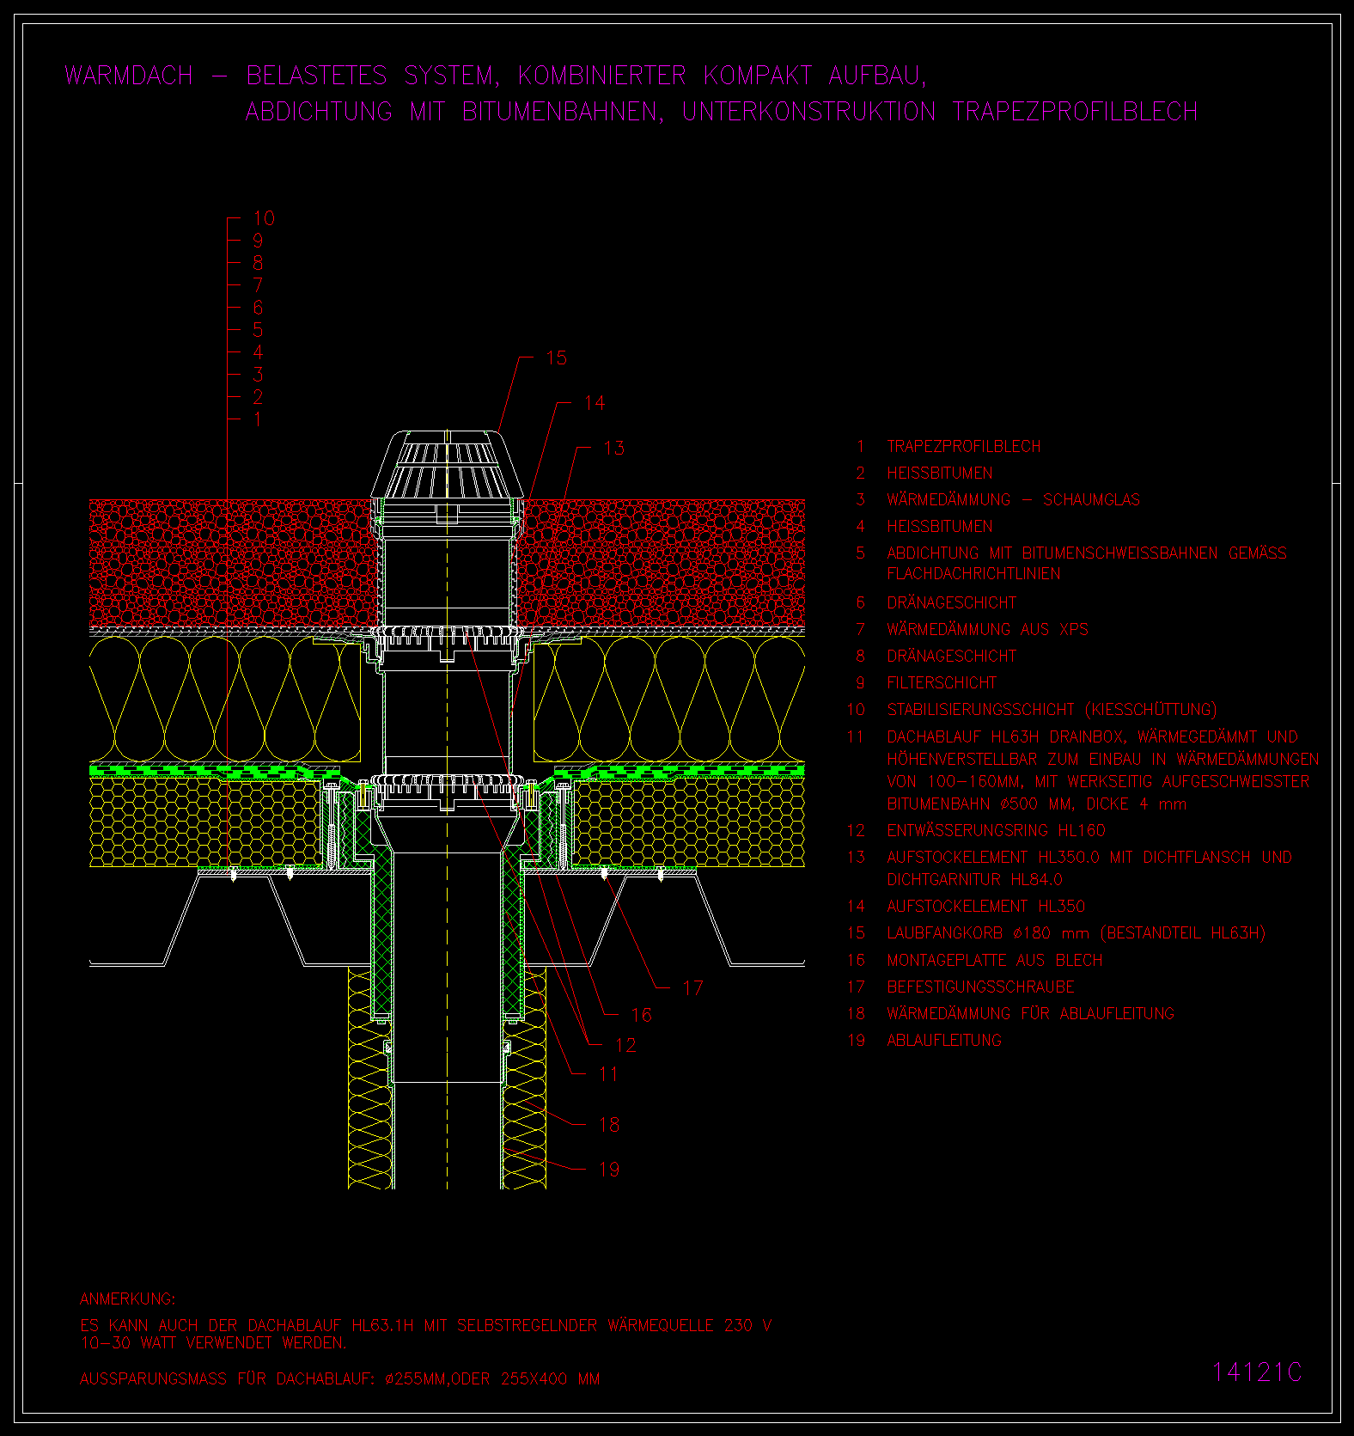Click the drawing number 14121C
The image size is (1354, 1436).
1257,1372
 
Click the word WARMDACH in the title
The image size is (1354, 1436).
129,76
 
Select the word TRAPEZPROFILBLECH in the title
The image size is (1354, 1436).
1075,112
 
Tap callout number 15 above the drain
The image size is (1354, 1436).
557,357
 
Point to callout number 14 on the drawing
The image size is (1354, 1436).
595,403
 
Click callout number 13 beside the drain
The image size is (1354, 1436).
613,448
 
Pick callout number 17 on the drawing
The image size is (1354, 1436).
692,988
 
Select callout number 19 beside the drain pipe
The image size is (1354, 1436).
609,1170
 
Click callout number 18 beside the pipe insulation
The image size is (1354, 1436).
609,1125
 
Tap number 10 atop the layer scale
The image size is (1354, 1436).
264,218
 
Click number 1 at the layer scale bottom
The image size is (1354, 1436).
258,419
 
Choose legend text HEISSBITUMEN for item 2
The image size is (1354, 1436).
940,474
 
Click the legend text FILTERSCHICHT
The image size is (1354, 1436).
942,683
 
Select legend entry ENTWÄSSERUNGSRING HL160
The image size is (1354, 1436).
997,831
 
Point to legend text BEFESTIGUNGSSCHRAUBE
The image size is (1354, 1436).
980,987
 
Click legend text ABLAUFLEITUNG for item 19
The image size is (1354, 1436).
944,1041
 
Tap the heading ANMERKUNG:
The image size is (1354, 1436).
127,1299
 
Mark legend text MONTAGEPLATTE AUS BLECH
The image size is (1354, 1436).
995,960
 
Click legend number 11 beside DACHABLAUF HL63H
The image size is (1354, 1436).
855,736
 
